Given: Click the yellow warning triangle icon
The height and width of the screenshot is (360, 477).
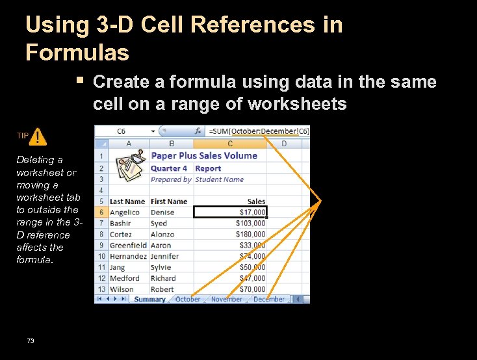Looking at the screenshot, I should (x=38, y=136).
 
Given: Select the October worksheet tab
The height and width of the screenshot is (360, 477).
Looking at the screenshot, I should (x=188, y=300).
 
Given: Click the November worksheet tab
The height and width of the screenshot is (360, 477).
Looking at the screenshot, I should (x=227, y=300).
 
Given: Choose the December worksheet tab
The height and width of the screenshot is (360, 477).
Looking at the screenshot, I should (x=269, y=300).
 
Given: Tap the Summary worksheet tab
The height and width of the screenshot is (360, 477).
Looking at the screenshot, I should (x=149, y=300).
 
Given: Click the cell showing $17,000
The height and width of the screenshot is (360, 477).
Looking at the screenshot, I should (x=231, y=212).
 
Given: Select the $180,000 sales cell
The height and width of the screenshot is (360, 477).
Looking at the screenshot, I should (x=250, y=234).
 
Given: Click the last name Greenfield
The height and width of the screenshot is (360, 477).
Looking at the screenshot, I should (x=128, y=245).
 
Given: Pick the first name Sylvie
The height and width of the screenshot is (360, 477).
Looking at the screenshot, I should (x=161, y=267).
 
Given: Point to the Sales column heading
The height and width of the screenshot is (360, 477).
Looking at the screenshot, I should (x=256, y=201).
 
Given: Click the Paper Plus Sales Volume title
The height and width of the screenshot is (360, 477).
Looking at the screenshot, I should (x=204, y=155).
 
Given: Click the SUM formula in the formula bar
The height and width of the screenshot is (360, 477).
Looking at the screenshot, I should (x=259, y=131).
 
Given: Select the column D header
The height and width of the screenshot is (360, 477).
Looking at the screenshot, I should (x=284, y=143).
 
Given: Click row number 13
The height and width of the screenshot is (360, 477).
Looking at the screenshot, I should (x=101, y=289).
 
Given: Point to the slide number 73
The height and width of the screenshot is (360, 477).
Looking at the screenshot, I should (x=31, y=341).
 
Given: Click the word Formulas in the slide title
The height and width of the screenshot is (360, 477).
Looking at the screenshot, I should (x=77, y=52).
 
